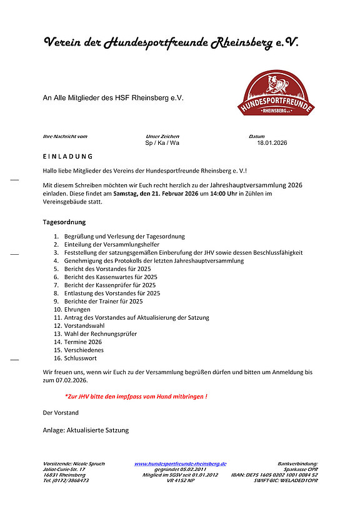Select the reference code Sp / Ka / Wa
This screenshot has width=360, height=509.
point(162,143)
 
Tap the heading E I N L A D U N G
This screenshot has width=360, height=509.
point(67,156)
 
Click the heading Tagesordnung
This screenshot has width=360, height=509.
point(64,222)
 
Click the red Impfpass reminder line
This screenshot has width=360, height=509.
point(136,397)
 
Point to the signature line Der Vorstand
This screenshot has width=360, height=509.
point(61,413)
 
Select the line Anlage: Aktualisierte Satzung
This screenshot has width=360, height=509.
point(86,430)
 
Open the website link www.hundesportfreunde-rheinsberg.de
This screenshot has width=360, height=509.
point(180,464)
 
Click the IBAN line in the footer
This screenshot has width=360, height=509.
point(274,475)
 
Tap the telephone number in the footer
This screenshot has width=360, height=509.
point(66,481)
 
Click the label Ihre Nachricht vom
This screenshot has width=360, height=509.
point(64,136)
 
